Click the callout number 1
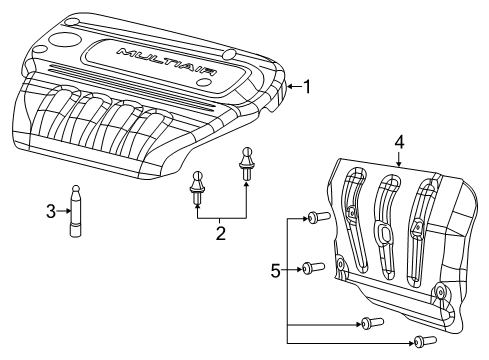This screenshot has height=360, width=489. (x=308, y=87)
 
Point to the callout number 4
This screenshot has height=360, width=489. (x=398, y=142)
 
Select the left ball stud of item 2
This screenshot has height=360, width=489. (x=198, y=189)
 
